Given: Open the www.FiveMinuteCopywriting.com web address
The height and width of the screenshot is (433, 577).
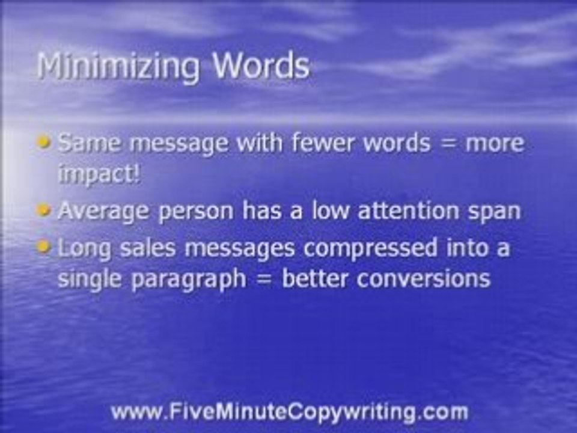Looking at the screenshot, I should pyautogui.click(x=288, y=412).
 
